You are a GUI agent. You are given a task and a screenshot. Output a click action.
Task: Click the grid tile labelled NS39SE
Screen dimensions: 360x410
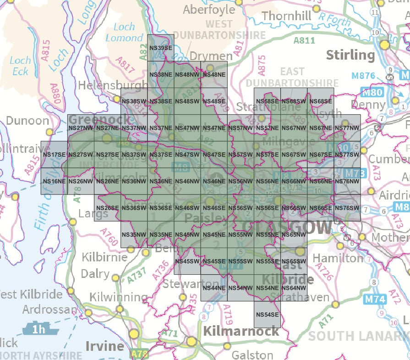pyautogui.click(x=161, y=48)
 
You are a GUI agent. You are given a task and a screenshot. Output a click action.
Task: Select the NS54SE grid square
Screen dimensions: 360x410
pyautogui.click(x=268, y=314)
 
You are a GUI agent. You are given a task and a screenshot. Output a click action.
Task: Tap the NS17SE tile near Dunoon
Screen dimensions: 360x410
pyautogui.click(x=54, y=155)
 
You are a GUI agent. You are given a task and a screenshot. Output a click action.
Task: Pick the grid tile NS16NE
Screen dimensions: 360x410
pyautogui.click(x=54, y=181)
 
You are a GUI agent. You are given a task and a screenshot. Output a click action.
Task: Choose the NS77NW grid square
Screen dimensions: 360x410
pyautogui.click(x=347, y=128)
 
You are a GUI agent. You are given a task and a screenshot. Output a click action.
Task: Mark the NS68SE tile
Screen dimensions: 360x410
pyautogui.click(x=321, y=101)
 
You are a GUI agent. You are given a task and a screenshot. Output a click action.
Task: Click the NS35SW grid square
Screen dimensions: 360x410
pyautogui.click(x=134, y=234)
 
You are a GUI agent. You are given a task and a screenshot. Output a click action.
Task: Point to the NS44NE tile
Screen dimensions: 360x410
pyautogui.click(x=214, y=288)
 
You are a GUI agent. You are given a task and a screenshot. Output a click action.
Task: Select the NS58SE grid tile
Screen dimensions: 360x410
pyautogui.click(x=267, y=101)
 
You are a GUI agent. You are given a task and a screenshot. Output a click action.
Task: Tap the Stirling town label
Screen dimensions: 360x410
pyautogui.click(x=350, y=55)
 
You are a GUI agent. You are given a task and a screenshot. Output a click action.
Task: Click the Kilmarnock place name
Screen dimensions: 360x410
pyautogui.click(x=241, y=331)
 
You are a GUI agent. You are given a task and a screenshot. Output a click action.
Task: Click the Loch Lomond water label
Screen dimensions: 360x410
pyautogui.click(x=124, y=32)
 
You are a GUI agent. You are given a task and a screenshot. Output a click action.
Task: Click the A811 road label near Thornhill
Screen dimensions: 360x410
pyautogui.click(x=304, y=40)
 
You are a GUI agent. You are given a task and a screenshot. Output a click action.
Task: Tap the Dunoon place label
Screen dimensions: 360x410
pyautogui.click(x=27, y=121)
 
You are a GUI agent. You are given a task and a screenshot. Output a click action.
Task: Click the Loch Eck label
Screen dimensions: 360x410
pyautogui.click(x=20, y=66)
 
